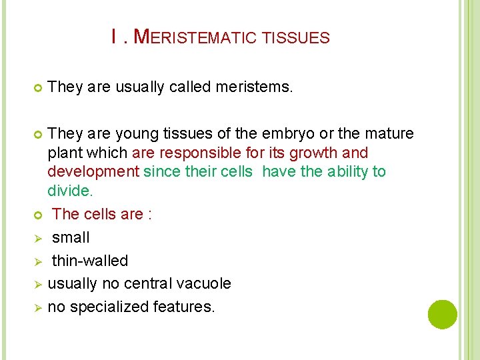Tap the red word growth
coord(318,153)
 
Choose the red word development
coord(93,171)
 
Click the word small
coord(71,237)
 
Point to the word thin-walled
coord(90,261)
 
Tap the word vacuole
coord(203,283)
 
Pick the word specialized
coord(110,307)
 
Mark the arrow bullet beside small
coord(38,238)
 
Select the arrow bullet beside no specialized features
coord(38,307)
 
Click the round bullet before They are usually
coord(37,87)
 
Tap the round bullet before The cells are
coord(37,215)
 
